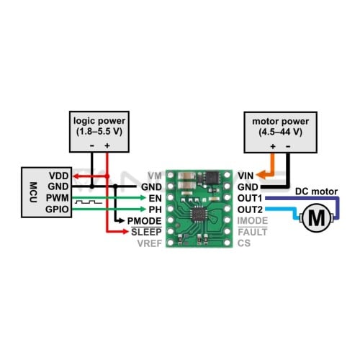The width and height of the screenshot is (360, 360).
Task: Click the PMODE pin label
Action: tap(144, 221)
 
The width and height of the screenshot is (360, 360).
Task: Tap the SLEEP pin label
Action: tap(146, 232)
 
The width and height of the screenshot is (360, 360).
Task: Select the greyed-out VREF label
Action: tap(150, 243)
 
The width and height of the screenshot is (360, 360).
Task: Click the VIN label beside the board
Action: tap(246, 176)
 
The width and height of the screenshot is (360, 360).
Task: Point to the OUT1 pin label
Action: tap(250, 198)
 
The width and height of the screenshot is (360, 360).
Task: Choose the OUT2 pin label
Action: tap(250, 210)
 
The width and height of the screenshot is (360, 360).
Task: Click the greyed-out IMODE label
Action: tap(253, 221)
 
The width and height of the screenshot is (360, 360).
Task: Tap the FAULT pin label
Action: tap(253, 232)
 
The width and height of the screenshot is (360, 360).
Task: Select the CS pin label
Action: tap(244, 243)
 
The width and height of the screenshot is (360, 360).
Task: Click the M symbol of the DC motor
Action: tap(317, 218)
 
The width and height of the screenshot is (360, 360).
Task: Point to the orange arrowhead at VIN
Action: tap(261, 175)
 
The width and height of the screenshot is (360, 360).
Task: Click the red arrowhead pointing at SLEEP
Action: tap(125, 232)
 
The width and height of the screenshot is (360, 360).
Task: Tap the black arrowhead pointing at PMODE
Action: tap(122, 220)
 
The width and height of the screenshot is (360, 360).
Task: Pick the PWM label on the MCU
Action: tap(58, 198)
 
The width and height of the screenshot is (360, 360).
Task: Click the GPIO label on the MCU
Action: tap(57, 210)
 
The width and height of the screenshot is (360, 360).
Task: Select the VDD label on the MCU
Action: tap(59, 176)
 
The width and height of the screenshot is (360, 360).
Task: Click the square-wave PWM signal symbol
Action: tap(89, 202)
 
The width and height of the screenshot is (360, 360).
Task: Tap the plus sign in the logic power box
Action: tap(107, 145)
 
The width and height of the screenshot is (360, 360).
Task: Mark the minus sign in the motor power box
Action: tap(288, 146)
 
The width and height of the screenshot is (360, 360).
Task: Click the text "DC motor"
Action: tap(316, 192)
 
